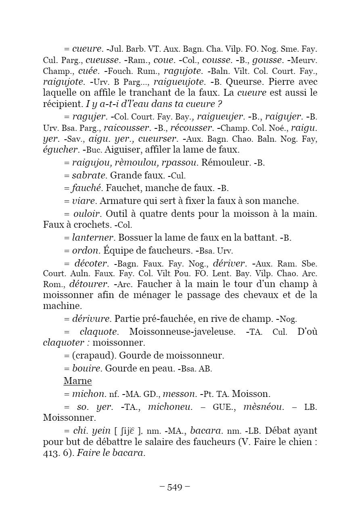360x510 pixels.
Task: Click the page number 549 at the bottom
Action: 175,487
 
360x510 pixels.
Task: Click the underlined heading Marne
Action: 77,381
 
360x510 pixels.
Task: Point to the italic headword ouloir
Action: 86,213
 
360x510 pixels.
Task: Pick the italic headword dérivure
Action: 92,319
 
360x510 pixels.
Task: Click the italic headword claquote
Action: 99,332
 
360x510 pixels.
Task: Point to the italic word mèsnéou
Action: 264,407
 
